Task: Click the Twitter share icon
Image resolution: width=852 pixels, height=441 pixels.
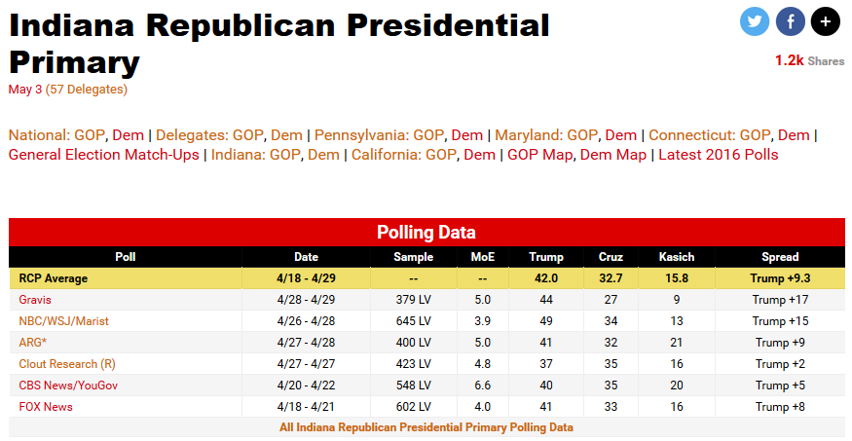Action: pyautogui.click(x=755, y=20)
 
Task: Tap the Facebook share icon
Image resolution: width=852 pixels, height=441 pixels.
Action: pyautogui.click(x=790, y=20)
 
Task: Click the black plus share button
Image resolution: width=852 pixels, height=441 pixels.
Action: pyautogui.click(x=825, y=20)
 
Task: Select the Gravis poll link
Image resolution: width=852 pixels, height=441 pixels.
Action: pyautogui.click(x=35, y=300)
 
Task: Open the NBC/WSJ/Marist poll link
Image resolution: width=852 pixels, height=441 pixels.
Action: pyautogui.click(x=63, y=321)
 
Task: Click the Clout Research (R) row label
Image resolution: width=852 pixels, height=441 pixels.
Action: pyautogui.click(x=67, y=364)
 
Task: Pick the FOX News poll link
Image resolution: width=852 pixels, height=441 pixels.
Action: pyautogui.click(x=46, y=407)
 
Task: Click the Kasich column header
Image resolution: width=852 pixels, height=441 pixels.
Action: pyautogui.click(x=676, y=257)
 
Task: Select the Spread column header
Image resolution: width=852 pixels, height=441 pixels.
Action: pyautogui.click(x=780, y=257)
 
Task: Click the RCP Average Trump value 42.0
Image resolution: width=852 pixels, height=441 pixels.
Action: pyautogui.click(x=545, y=278)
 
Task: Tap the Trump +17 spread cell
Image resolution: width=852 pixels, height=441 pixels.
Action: pyautogui.click(x=780, y=300)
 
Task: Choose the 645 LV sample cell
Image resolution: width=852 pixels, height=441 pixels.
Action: pyautogui.click(x=413, y=321)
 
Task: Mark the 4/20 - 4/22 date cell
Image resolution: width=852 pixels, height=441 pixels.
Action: pyautogui.click(x=306, y=386)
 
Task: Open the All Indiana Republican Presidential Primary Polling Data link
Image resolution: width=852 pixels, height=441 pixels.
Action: pyautogui.click(x=426, y=427)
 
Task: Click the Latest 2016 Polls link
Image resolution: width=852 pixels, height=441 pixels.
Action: pyautogui.click(x=719, y=155)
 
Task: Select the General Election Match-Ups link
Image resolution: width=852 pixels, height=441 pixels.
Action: pyautogui.click(x=103, y=155)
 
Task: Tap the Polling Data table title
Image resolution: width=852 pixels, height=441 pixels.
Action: pyautogui.click(x=426, y=233)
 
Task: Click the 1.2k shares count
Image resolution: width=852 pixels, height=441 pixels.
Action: pyautogui.click(x=789, y=60)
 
